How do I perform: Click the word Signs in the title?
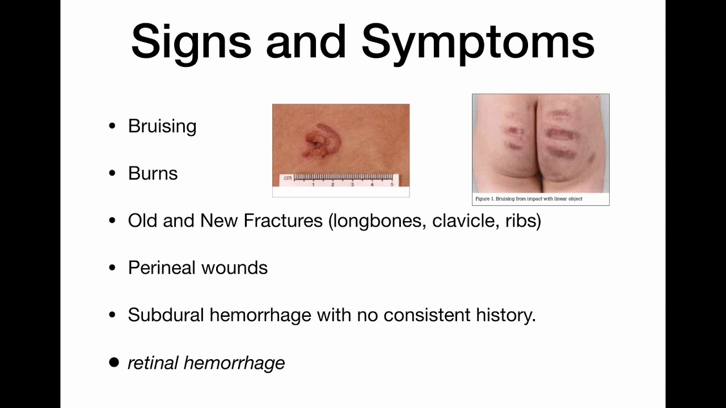[x=191, y=41]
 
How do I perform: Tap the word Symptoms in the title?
[x=478, y=41]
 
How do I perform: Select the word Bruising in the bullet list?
[x=162, y=126]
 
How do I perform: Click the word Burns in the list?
[x=153, y=173]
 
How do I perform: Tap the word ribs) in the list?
[x=523, y=220]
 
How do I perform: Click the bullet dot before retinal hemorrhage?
[x=114, y=363]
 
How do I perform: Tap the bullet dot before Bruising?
[x=112, y=126]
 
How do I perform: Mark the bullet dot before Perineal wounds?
[x=112, y=267]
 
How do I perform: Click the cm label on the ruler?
[x=288, y=178]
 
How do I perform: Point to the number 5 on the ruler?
[x=392, y=184]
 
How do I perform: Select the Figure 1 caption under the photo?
[x=529, y=199]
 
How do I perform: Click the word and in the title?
[x=306, y=41]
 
